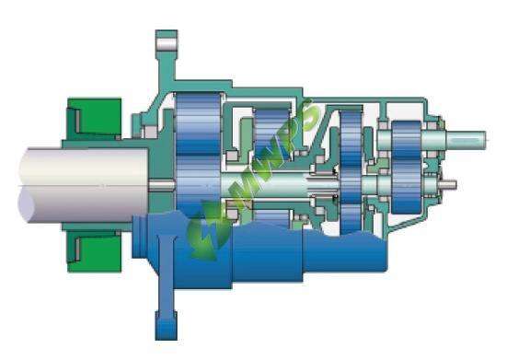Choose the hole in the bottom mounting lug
click(166, 324)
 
